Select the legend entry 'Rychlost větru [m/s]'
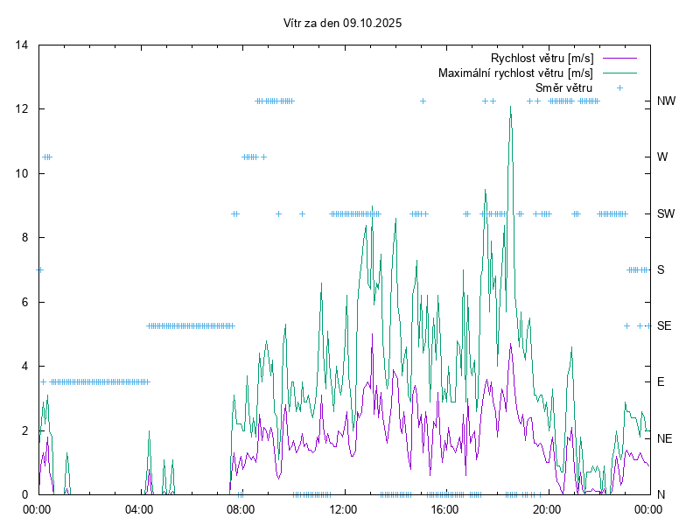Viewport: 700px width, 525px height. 542,59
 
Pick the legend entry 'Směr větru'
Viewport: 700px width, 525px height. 563,87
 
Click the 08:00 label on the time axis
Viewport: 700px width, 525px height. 241,508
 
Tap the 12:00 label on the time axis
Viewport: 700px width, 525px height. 343,508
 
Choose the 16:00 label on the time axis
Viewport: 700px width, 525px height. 444,508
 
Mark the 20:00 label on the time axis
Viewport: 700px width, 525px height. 547,508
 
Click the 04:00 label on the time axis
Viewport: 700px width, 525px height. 139,508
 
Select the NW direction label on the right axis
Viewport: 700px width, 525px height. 667,101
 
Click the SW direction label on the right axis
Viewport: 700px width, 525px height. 666,213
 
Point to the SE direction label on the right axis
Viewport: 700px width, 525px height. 664,325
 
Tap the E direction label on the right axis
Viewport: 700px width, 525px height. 661,381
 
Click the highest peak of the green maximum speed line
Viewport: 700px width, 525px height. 510,107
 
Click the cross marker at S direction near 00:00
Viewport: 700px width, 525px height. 39,269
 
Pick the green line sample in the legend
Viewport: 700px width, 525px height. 619,73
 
